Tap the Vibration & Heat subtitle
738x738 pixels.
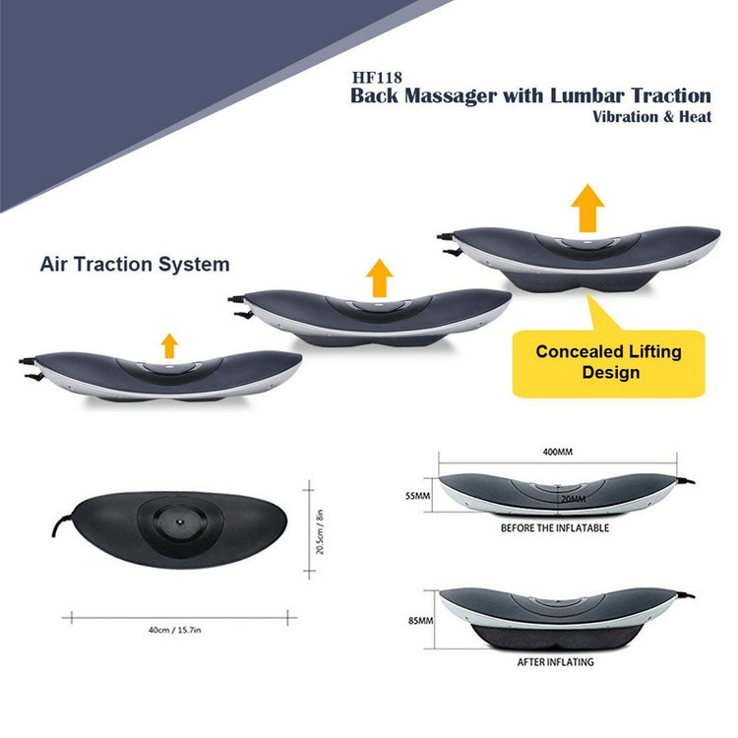(x=651, y=116)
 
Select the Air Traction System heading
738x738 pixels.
(x=135, y=264)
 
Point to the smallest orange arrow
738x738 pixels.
(x=169, y=344)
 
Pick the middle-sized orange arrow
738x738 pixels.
(x=377, y=278)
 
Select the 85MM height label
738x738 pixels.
(x=419, y=621)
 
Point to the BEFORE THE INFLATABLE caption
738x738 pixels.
(x=554, y=528)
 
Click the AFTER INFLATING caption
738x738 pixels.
(x=555, y=662)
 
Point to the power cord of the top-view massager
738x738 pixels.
(x=59, y=531)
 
